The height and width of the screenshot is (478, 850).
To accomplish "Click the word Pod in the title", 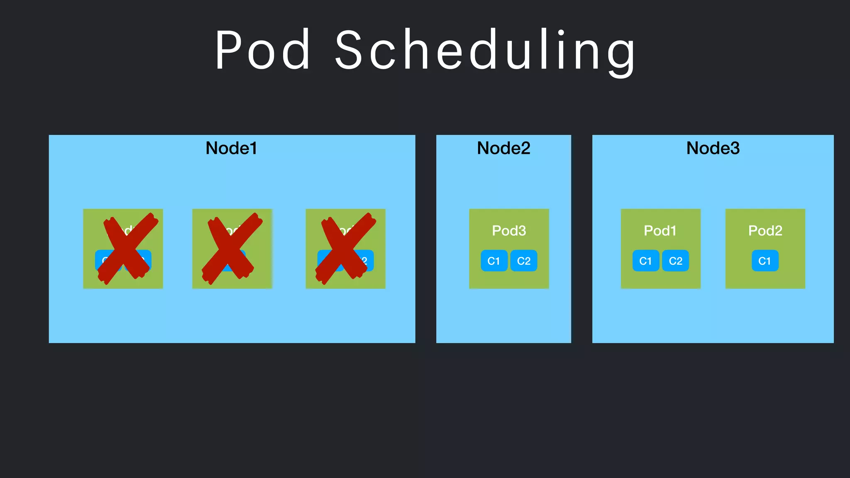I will (x=263, y=50).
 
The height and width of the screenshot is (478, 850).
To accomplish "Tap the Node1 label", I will (x=231, y=148).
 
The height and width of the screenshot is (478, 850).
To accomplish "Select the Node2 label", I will (x=503, y=148).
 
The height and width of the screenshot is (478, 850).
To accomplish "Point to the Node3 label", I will (x=713, y=148).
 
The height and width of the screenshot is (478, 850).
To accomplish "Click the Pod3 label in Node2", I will (x=509, y=230).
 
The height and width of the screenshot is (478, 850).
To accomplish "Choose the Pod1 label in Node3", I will (x=660, y=230).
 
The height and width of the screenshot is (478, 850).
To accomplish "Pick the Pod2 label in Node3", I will (x=765, y=230).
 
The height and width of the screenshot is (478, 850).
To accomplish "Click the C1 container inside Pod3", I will (x=494, y=261).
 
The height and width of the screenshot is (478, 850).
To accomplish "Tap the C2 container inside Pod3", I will (x=524, y=261).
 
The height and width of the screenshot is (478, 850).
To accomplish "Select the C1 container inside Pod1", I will (x=645, y=261).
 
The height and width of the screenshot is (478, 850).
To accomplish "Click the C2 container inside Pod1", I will (x=675, y=261).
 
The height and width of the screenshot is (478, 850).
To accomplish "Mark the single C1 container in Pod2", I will (x=765, y=261).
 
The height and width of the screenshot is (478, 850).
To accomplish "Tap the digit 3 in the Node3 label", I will (x=734, y=148).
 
